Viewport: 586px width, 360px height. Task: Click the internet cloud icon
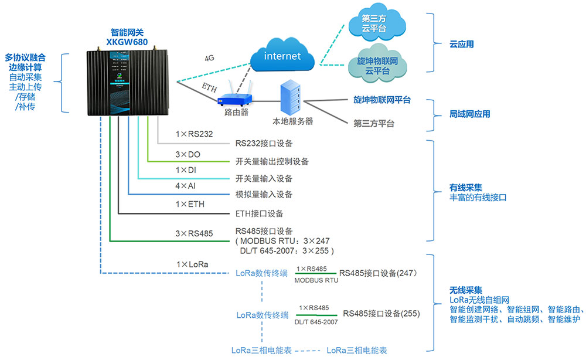(x=282, y=56)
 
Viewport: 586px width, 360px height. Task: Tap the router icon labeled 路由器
(x=236, y=97)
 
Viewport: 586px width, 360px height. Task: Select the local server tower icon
(x=292, y=98)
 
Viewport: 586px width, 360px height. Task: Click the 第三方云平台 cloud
(x=377, y=23)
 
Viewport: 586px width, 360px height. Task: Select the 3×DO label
(x=189, y=154)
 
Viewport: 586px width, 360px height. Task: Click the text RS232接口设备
(x=264, y=143)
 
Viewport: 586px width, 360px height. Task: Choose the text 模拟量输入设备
(x=264, y=194)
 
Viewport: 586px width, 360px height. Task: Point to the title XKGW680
(x=127, y=42)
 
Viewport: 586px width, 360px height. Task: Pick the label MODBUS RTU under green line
(x=316, y=280)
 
